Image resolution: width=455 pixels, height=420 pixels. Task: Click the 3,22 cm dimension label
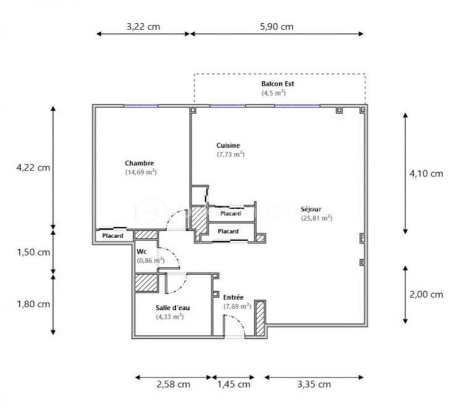click(x=143, y=26)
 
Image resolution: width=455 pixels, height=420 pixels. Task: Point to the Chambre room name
click(x=139, y=163)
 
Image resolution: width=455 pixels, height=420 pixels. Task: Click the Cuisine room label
click(x=228, y=145)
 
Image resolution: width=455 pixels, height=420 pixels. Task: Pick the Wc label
click(x=142, y=251)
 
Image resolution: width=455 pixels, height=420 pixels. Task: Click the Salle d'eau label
click(x=173, y=307)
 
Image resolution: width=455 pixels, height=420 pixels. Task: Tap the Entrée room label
click(x=233, y=297)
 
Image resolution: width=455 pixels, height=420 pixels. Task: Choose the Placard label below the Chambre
click(x=113, y=236)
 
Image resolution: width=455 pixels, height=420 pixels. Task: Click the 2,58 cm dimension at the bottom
click(x=173, y=384)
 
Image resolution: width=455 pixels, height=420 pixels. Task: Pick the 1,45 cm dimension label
click(x=234, y=384)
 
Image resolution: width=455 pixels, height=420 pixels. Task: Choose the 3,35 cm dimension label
click(x=313, y=384)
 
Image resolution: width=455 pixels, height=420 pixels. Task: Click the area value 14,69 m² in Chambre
click(x=141, y=172)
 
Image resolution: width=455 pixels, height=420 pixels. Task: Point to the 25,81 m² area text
click(x=317, y=217)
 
